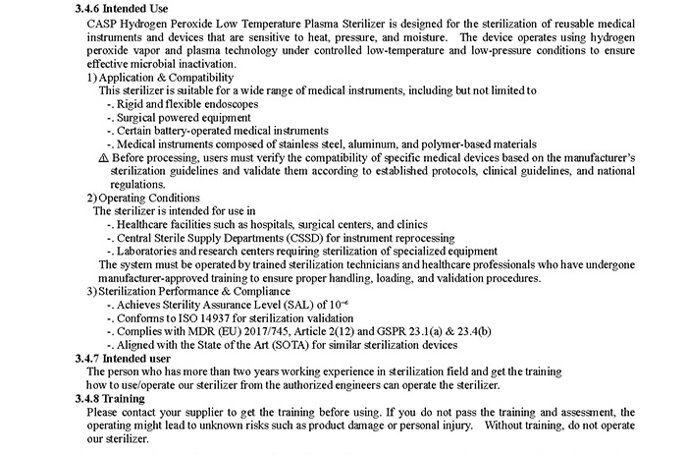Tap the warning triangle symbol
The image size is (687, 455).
[x=105, y=157]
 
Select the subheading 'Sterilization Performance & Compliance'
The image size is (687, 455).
[x=196, y=291]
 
